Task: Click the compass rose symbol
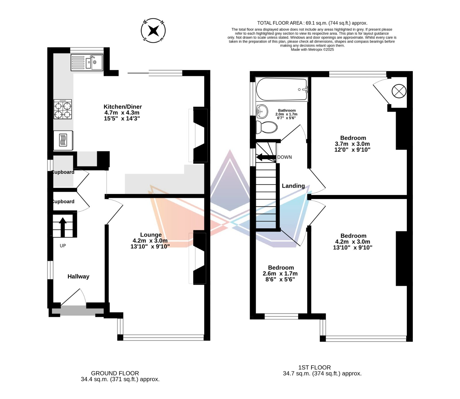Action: click(x=153, y=31)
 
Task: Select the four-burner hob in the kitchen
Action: click(x=63, y=109)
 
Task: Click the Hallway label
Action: click(x=78, y=277)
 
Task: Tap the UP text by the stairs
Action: click(x=63, y=246)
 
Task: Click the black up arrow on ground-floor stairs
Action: click(x=63, y=227)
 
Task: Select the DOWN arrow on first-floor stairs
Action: click(x=266, y=157)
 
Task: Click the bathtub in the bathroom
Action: click(x=282, y=89)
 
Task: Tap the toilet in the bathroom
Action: click(x=267, y=127)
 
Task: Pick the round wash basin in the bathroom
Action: click(x=262, y=111)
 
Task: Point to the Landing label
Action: click(x=293, y=186)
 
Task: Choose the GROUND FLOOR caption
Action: click(x=115, y=373)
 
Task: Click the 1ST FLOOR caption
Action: click(x=315, y=368)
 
